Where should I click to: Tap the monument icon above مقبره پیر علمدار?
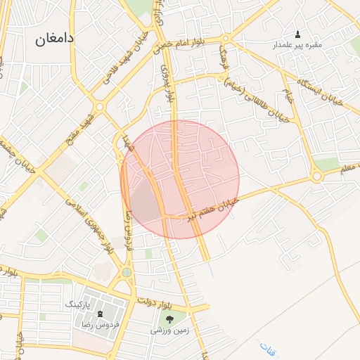coord(297,34)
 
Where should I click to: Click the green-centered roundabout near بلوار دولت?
coord(127,272)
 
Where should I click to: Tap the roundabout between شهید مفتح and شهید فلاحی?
coord(99,107)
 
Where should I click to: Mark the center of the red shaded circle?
coord(180,179)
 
